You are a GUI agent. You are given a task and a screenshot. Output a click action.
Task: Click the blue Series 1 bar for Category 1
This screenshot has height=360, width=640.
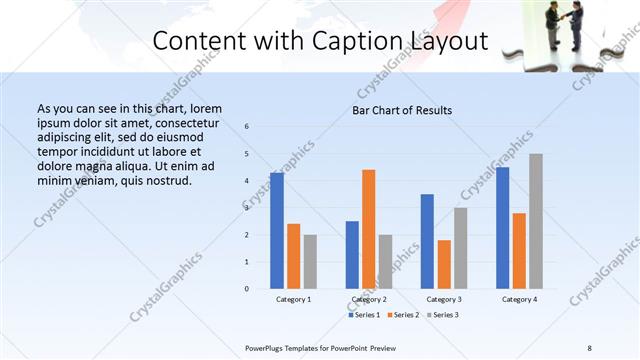pyautogui.click(x=277, y=230)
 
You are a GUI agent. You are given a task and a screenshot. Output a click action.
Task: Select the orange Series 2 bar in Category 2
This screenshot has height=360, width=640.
pyautogui.click(x=369, y=229)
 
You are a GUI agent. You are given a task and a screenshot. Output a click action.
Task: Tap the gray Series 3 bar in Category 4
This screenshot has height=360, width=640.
pyautogui.click(x=536, y=221)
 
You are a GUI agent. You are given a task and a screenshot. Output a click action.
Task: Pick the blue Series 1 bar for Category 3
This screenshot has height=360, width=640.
pyautogui.click(x=427, y=241)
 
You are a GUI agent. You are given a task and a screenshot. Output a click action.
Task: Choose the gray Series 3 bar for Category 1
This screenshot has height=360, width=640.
pyautogui.click(x=310, y=261)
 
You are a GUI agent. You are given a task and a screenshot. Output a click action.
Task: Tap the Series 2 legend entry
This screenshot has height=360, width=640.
pyautogui.click(x=402, y=315)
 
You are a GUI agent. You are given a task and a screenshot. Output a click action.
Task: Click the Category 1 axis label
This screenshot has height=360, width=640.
pyautogui.click(x=294, y=299)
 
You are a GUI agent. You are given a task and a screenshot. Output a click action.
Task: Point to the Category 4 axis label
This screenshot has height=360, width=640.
pyautogui.click(x=519, y=299)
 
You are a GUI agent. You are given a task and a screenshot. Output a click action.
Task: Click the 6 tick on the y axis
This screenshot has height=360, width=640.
pyautogui.click(x=247, y=126)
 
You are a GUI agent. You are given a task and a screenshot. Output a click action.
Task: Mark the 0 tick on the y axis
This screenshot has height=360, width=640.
pyautogui.click(x=247, y=289)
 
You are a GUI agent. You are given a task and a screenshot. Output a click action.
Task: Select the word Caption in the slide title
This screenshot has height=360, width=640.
pyautogui.click(x=347, y=41)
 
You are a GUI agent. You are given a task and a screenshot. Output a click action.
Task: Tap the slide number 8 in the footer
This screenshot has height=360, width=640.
pyautogui.click(x=589, y=347)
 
